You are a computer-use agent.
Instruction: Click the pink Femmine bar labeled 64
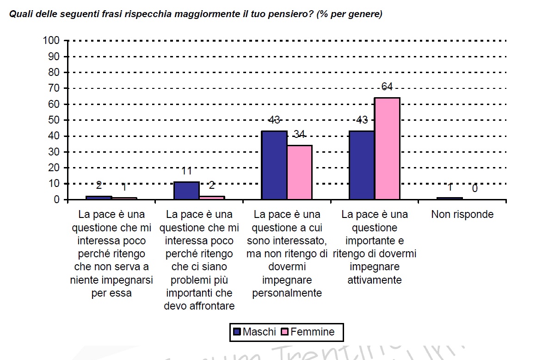point(387,149)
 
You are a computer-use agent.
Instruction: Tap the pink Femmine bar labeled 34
point(299,172)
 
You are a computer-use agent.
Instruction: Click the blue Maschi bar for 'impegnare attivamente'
point(362,165)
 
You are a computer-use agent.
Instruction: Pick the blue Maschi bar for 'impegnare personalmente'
point(274,165)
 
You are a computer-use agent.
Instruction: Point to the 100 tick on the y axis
point(51,41)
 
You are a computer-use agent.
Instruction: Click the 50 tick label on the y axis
point(54,120)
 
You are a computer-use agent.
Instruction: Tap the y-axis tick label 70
point(54,88)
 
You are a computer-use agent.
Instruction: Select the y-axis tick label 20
point(54,168)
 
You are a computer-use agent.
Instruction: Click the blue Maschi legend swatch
point(237,332)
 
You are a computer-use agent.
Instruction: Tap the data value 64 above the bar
point(387,87)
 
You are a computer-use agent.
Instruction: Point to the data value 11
point(186,172)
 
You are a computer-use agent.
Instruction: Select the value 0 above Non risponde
point(475,189)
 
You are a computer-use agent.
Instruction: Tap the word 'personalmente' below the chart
point(287,293)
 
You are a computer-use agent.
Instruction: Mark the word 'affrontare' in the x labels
point(199,306)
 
